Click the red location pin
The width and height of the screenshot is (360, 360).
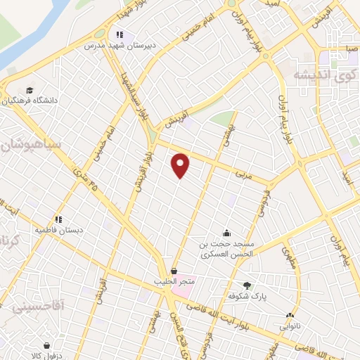[181, 165]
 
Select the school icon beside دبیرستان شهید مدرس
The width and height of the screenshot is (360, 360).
[120, 34]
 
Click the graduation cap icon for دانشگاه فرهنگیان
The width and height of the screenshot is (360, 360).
[30, 90]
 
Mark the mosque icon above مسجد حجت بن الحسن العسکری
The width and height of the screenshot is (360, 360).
[226, 233]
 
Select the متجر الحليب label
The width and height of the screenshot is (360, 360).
[174, 282]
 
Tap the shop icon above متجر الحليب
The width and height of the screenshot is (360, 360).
[174, 271]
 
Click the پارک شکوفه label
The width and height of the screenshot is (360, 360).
[247, 295]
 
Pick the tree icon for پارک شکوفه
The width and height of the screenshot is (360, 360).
[247, 285]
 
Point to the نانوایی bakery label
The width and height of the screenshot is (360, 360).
[290, 326]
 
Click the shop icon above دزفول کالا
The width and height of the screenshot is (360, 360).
[46, 346]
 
